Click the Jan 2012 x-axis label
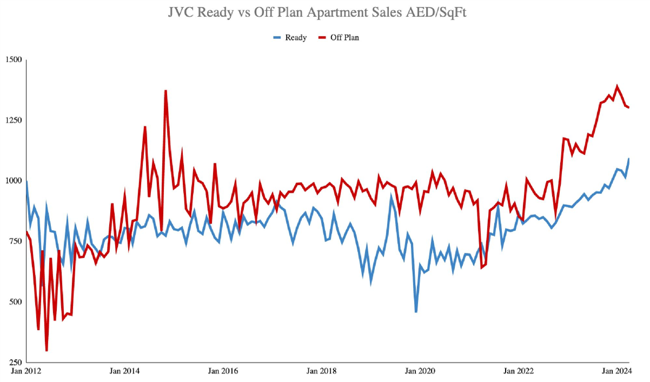(x=26, y=371)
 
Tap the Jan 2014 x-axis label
(x=125, y=371)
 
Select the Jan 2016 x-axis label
(x=223, y=371)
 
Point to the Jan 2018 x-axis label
(x=322, y=371)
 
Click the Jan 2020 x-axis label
(x=421, y=371)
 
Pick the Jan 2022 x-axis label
(x=519, y=371)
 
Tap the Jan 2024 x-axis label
(x=616, y=371)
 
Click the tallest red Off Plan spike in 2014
(x=165, y=91)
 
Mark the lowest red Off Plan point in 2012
(x=47, y=351)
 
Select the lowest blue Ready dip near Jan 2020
(x=416, y=312)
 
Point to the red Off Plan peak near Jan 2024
(x=617, y=86)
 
